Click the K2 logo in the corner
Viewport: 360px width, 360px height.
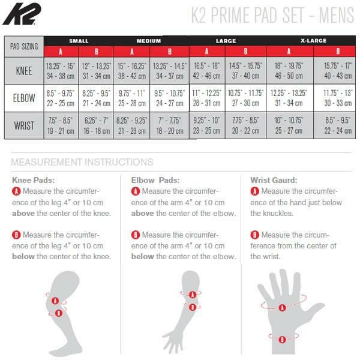(22, 14)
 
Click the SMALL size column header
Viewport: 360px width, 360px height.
(79, 41)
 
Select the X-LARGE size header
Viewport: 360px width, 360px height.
(313, 41)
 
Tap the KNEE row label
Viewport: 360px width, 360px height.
(24, 71)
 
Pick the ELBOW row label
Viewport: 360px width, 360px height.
(24, 98)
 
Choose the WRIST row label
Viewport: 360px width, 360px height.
(24, 125)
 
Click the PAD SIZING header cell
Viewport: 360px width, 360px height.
(24, 47)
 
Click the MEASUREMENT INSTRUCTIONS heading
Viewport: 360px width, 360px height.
(82, 162)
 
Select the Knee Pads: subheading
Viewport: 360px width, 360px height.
(33, 180)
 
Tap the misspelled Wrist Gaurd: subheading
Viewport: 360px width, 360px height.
(274, 180)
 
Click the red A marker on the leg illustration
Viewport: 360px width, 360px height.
(55, 301)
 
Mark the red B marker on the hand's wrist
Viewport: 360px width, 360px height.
(282, 340)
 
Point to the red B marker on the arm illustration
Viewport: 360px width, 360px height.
(193, 307)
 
